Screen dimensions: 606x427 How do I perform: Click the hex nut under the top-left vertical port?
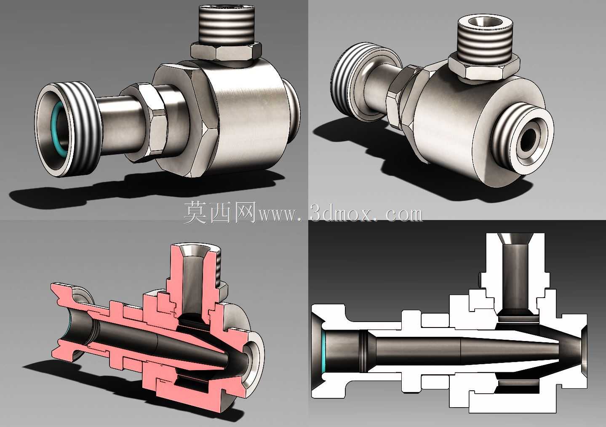(226, 54)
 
